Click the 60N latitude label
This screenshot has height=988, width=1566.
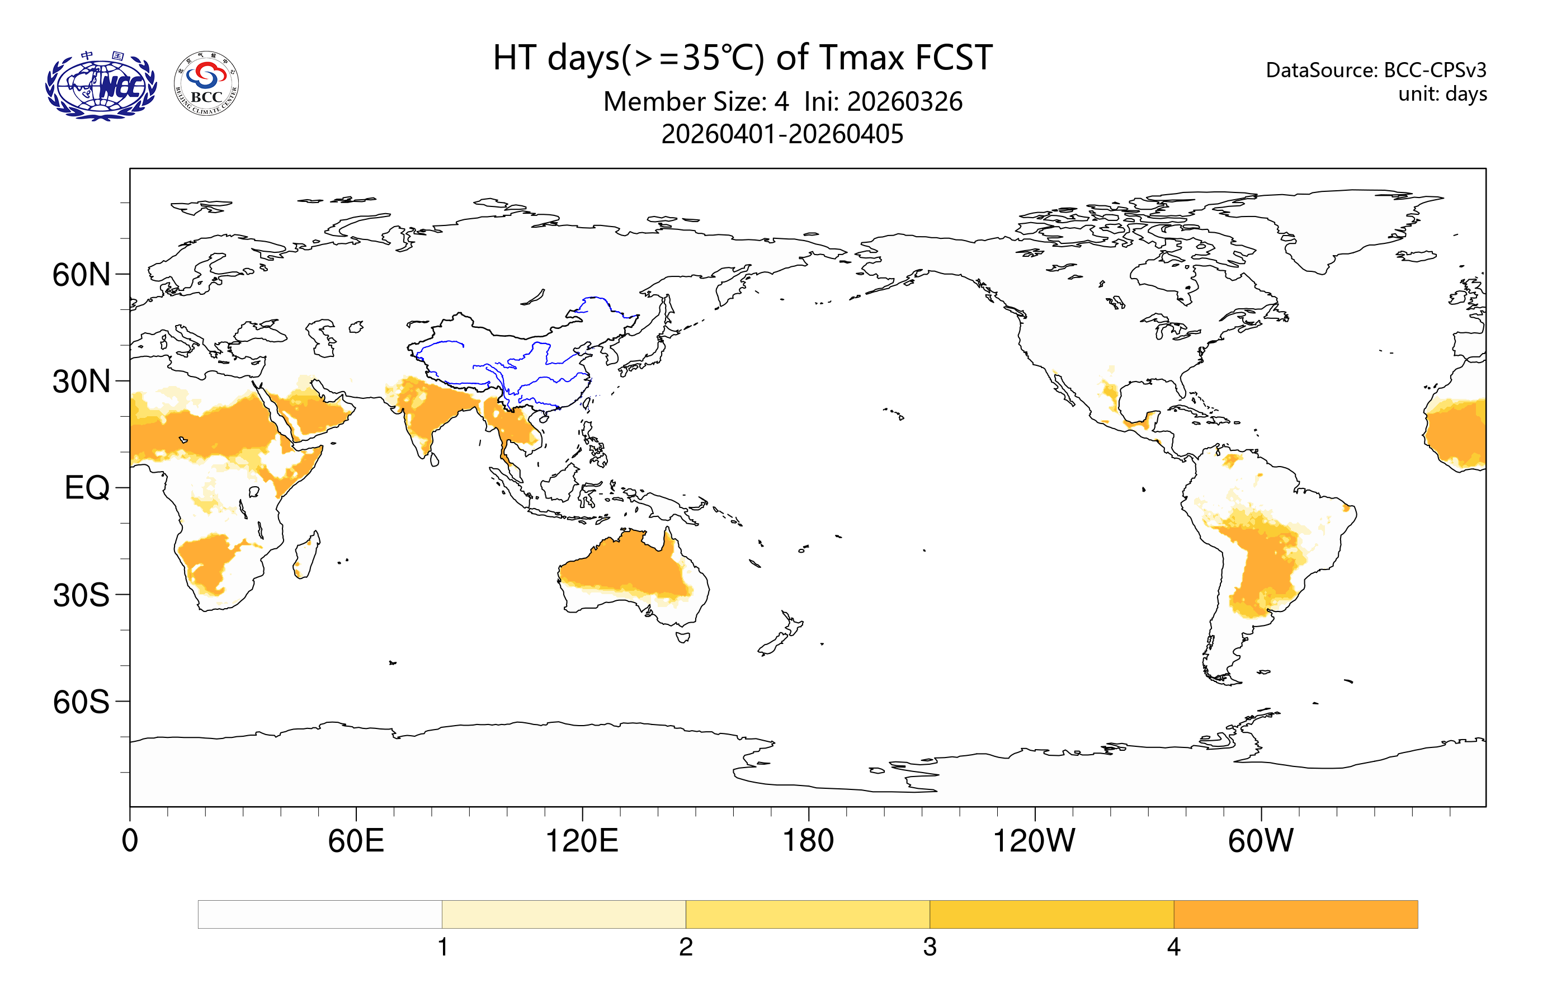[81, 275]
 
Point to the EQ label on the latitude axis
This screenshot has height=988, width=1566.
[87, 488]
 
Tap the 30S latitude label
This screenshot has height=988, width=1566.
[81, 595]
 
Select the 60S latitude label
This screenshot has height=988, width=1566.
[81, 703]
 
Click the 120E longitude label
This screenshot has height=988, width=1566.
[582, 840]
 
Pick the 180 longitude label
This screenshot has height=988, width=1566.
[808, 840]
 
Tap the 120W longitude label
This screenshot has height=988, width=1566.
[1034, 840]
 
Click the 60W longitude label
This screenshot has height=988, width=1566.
[1260, 840]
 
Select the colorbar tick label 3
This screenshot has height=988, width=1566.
[930, 947]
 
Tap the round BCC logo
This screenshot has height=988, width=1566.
[207, 84]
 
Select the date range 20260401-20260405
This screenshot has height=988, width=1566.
[782, 134]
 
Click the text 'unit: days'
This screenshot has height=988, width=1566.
[1442, 93]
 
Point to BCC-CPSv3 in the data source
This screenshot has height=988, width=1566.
[1435, 69]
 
